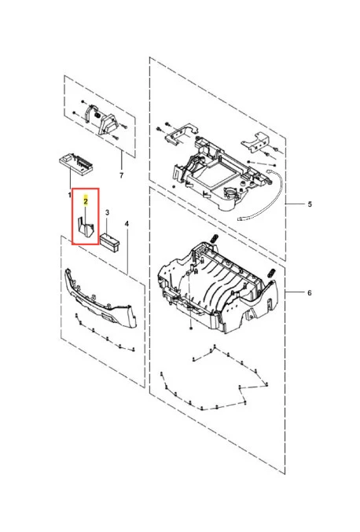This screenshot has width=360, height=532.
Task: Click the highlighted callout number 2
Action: [86, 201]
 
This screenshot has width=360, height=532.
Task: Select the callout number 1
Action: [69, 195]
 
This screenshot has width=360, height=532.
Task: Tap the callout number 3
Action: [107, 213]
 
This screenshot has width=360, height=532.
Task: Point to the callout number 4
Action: [127, 224]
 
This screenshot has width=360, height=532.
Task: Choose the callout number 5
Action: [310, 204]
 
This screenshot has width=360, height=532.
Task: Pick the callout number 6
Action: [310, 292]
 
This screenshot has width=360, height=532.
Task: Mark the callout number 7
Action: [122, 175]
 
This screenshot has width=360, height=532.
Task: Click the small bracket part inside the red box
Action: [86, 227]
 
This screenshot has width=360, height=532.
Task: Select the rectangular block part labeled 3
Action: [109, 240]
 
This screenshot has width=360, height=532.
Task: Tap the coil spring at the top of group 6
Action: [214, 238]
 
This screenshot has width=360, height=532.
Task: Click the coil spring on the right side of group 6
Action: [271, 273]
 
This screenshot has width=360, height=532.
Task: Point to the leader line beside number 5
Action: [295, 204]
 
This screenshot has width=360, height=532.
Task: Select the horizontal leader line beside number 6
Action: [295, 292]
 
